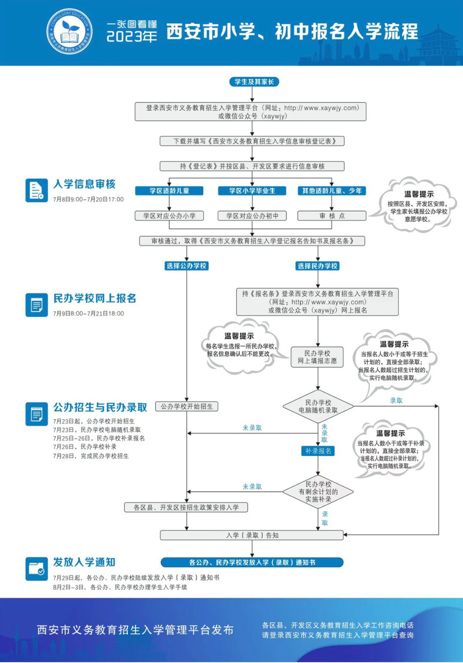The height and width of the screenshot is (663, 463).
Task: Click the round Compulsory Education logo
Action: pos(69,32)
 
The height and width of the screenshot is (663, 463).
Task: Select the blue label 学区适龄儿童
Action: pos(169,191)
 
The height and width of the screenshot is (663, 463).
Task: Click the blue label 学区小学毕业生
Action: pos(252,191)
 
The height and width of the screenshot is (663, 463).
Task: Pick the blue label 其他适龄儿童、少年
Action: pos(332,191)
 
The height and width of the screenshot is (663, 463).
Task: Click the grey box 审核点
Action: pos(332,216)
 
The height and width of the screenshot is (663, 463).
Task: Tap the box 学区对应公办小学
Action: pos(169,216)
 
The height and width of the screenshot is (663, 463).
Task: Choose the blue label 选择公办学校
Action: pos(186,266)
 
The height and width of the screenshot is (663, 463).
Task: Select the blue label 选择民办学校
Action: pos(318,266)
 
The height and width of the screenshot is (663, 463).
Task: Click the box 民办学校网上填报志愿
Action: pos(317,357)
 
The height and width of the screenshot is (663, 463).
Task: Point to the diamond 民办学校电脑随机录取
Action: pos(318,406)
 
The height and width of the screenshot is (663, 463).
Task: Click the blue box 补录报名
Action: pos(318,451)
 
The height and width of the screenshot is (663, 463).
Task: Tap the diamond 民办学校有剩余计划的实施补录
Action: pos(318,491)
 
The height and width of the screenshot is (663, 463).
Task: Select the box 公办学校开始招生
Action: pos(186,406)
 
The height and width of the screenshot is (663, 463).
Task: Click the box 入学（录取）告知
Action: pos(252,535)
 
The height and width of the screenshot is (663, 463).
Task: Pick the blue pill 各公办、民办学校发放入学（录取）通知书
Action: pos(252,562)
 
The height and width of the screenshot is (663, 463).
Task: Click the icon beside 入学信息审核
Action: pos(36,190)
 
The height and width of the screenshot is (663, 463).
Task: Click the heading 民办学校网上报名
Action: pos(95,298)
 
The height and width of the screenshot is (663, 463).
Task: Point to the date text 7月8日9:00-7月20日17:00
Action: pos(89,199)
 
